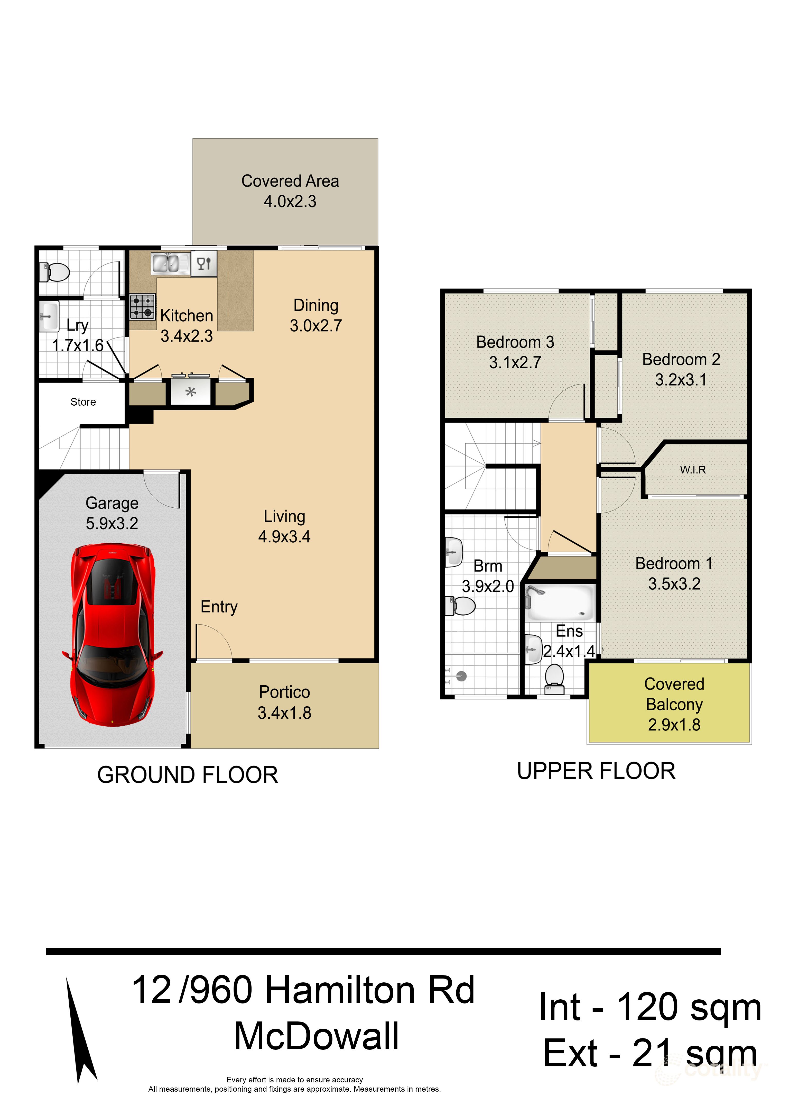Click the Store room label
click(83, 402)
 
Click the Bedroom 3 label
click(515, 342)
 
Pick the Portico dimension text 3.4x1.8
click(284, 713)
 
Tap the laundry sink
click(49, 316)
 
